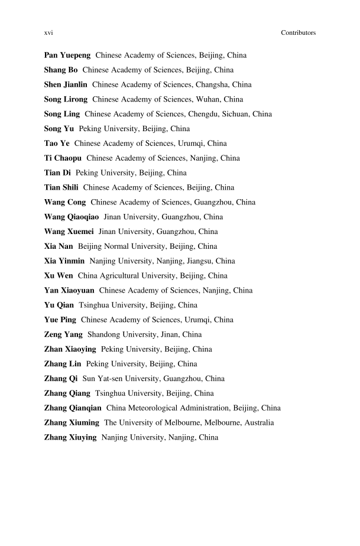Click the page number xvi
[49, 33]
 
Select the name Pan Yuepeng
[67, 56]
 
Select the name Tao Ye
[57, 144]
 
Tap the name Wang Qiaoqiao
[72, 217]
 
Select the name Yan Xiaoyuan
[69, 291]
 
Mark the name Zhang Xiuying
[70, 438]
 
